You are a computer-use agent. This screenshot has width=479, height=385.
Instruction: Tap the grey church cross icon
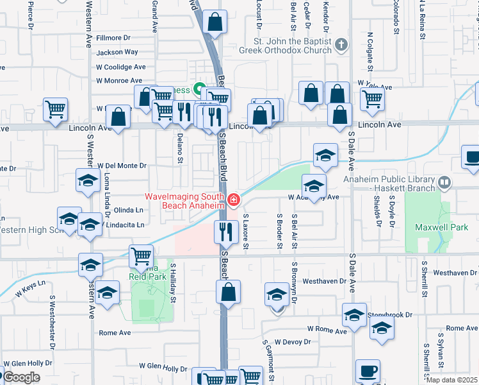click(341, 44)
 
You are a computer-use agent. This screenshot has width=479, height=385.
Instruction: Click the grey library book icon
click(444, 184)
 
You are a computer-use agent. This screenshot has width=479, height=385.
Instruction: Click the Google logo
click(21, 377)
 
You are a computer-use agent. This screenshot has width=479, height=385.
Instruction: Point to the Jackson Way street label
click(117, 53)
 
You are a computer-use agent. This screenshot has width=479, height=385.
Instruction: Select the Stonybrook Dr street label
click(390, 315)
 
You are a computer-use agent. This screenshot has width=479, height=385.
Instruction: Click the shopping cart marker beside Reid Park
click(141, 257)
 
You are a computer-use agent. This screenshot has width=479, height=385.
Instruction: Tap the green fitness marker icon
click(199, 89)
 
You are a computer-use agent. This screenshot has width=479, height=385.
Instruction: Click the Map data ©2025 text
click(451, 379)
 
